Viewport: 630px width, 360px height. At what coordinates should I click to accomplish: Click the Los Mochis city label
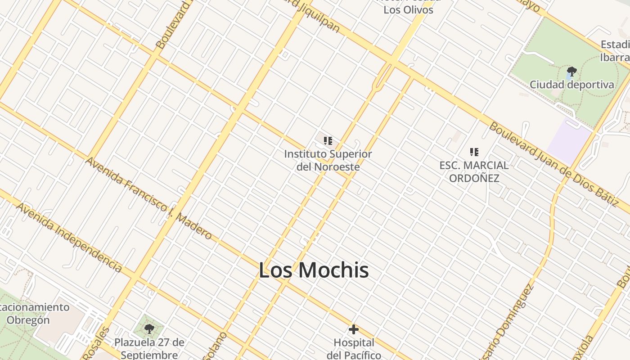point(314,270)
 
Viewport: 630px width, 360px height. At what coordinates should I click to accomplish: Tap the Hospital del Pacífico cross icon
point(354,329)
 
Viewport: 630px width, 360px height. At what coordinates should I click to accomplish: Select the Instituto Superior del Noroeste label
point(328,160)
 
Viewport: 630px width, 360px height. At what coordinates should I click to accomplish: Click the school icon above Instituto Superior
point(328,141)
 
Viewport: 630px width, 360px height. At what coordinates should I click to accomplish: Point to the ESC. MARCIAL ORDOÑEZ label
point(474,171)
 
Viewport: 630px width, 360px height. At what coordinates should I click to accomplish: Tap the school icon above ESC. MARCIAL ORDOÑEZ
point(474,152)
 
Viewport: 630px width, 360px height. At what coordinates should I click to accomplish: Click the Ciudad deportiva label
point(571,85)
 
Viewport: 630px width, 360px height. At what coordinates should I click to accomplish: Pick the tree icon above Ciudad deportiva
point(571,71)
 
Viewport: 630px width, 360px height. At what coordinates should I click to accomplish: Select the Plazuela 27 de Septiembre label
point(149,348)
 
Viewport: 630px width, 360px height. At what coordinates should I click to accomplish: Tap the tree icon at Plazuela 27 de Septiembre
point(149,329)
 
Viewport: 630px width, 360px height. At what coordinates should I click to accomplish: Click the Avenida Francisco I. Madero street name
point(148,198)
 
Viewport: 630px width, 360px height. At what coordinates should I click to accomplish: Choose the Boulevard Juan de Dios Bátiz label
point(553,164)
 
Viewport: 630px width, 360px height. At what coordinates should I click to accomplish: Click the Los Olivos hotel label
point(408,9)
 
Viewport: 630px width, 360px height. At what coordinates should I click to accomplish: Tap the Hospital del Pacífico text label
point(354,349)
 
